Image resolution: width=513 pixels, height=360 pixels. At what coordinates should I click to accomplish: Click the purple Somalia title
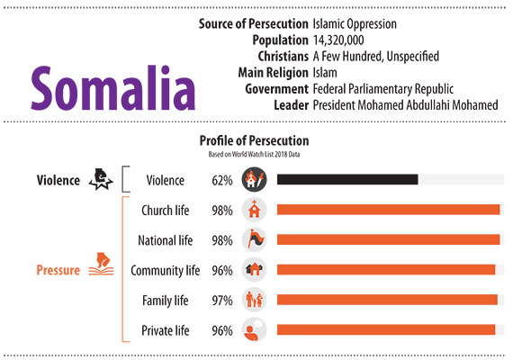pos(113,87)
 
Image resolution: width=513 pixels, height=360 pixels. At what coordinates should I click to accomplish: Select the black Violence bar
pos(347,179)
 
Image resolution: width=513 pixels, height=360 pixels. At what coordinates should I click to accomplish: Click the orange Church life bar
pos(388,210)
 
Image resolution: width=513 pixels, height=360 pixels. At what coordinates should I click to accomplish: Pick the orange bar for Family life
pos(387,300)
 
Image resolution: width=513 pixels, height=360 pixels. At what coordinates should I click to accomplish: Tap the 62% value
pos(222,180)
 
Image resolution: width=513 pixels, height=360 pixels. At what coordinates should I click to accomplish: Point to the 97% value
pos(222,301)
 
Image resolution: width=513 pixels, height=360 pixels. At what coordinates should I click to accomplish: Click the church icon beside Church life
pos(254,210)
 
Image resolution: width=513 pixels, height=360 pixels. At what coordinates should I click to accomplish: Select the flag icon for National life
pos(254,239)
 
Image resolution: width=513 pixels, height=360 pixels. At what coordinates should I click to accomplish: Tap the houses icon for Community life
pos(254,270)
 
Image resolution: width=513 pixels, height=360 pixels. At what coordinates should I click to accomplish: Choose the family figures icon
pos(254,300)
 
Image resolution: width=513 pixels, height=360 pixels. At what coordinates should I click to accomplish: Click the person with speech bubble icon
pos(254,330)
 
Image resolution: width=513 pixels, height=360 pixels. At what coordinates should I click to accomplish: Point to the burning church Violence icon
pos(254,179)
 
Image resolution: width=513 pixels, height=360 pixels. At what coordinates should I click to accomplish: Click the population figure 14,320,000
pos(338,40)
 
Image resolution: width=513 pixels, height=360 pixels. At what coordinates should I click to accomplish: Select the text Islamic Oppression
pos(355,24)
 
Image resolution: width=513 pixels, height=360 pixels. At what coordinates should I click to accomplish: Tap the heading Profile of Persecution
pos(254,140)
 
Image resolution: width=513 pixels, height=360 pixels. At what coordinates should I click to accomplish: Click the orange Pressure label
pos(58,270)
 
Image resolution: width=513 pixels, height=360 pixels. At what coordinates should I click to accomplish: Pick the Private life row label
pos(166,330)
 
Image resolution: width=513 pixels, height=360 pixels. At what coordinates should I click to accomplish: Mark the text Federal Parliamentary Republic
pos(383,89)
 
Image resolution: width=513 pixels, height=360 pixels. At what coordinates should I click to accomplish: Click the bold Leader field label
pos(292,105)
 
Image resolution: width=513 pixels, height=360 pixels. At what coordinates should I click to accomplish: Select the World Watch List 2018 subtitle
pos(254,154)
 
